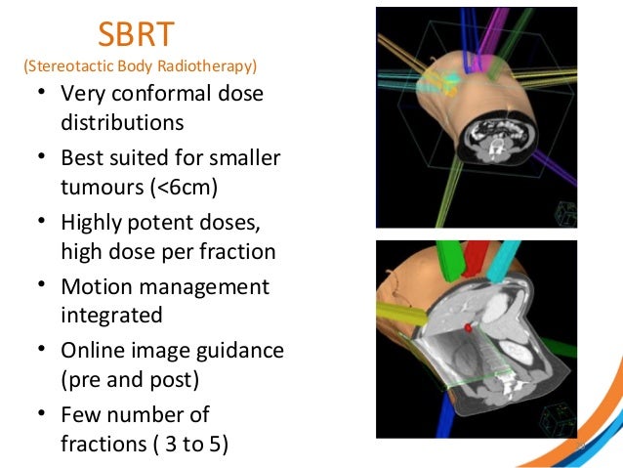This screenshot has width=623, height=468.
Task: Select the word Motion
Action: coord(98,286)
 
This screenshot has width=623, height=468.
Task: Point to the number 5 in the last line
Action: coord(214,443)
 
